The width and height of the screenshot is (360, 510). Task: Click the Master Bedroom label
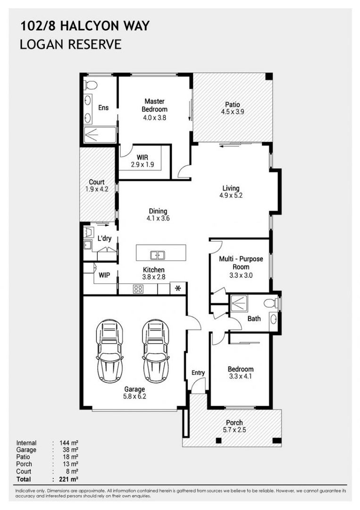point(155,105)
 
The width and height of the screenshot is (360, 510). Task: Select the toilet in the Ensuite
point(91,85)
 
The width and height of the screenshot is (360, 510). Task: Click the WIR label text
point(143,157)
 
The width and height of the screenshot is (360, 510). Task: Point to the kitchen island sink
point(158,255)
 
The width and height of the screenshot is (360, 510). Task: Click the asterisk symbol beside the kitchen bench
point(178,289)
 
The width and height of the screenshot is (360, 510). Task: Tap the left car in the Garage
point(109,350)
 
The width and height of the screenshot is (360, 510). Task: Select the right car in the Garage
point(155,350)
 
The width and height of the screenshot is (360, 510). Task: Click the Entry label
point(198,373)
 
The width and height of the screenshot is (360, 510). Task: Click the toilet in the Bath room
point(270,302)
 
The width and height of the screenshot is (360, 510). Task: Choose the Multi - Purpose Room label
point(241,263)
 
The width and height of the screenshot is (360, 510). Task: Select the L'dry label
point(104,239)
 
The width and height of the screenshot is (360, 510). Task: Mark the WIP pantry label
point(104,274)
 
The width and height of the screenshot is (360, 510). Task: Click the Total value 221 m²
point(71,479)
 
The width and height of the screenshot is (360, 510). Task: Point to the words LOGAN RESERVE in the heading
point(71,44)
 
